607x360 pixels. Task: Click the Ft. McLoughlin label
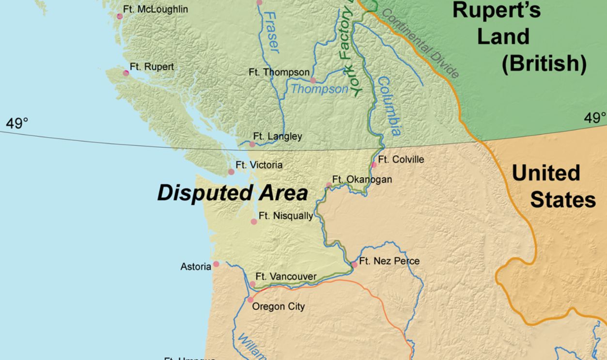coord(156,9)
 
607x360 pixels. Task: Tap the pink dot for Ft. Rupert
coord(126,73)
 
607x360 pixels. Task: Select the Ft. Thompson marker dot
coord(313,80)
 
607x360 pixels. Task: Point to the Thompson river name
coord(319,89)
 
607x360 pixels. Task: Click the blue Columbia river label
coord(389,106)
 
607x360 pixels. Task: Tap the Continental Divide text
coord(420,44)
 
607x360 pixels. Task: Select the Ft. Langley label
coord(278,136)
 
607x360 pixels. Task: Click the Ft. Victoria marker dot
coord(231,172)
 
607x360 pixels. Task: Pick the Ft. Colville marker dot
coord(374,165)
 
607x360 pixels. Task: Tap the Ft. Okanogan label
coord(362,180)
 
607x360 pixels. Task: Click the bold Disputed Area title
coord(233,193)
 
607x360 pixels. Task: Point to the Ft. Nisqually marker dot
coord(253,221)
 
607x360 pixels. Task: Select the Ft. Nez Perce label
coord(389,261)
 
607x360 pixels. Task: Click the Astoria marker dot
coord(216,264)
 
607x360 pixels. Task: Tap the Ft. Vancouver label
coord(286,277)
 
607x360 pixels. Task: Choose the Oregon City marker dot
coord(250,300)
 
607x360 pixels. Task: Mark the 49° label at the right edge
coord(595,118)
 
